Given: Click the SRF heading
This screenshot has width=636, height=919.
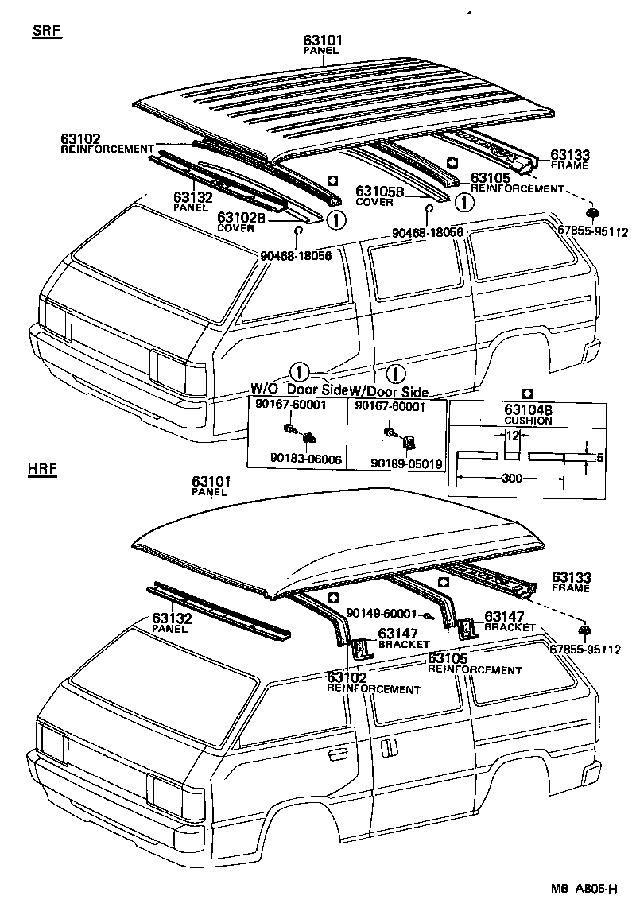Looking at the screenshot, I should (47, 32).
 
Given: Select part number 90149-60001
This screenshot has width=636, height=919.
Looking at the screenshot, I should (382, 615).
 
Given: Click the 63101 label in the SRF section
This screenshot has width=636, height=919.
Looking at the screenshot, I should (321, 40).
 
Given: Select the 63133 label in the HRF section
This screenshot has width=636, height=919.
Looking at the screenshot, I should (571, 578).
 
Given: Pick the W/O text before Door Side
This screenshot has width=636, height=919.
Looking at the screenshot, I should (265, 390).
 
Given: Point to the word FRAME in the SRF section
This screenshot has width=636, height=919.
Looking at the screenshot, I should (570, 165).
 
